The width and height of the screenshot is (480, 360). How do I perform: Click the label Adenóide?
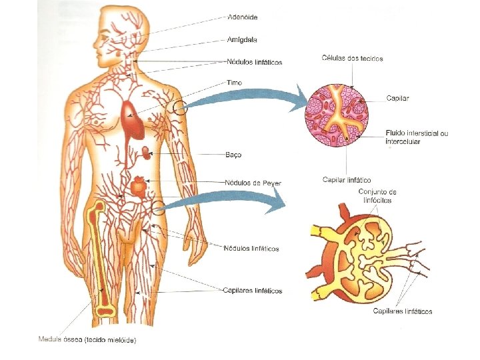tap(243, 16)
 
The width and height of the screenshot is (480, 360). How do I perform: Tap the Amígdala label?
tap(243, 39)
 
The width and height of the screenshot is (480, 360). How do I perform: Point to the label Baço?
tap(233, 155)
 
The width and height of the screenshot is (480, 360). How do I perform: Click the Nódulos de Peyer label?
tap(253, 182)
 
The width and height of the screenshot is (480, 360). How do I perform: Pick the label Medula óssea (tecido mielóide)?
tap(87, 341)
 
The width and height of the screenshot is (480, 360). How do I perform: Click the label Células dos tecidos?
tap(352, 59)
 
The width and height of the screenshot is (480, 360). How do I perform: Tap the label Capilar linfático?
tap(347, 179)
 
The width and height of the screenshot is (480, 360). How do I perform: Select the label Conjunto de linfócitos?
tap(378, 196)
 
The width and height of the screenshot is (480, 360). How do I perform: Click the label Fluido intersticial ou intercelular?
tap(417, 137)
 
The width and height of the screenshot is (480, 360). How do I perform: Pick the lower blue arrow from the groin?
tap(230, 198)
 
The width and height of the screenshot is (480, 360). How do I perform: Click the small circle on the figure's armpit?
tap(179, 107)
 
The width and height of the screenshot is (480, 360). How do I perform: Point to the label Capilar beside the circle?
tap(397, 98)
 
